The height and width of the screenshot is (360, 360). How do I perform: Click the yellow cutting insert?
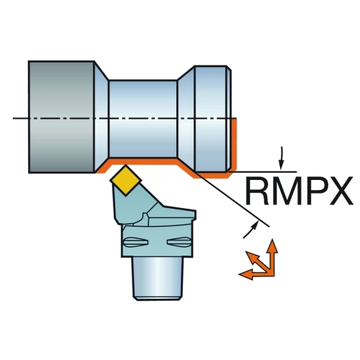(x=125, y=180)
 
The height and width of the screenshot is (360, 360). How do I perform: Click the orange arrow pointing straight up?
(x=272, y=256)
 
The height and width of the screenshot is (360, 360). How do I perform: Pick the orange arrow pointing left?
(x=256, y=274)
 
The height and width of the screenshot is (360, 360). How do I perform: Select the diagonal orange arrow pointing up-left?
(x=258, y=262)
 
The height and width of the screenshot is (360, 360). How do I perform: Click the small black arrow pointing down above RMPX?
(x=282, y=158)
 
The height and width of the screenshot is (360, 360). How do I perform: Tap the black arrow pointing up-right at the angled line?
(x=251, y=230)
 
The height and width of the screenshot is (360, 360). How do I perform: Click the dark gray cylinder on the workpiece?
(x=61, y=117)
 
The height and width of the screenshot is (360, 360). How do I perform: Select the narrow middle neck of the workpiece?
(x=143, y=119)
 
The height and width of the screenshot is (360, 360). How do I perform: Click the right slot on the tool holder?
(x=179, y=241)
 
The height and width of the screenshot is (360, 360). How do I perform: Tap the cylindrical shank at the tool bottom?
(x=158, y=279)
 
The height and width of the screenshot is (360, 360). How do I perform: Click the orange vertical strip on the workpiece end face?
(x=235, y=144)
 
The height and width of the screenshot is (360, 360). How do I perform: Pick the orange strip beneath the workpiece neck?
(x=143, y=161)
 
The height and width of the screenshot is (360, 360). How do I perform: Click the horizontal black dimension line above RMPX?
(x=263, y=172)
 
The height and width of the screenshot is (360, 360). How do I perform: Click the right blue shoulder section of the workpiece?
(x=211, y=119)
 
